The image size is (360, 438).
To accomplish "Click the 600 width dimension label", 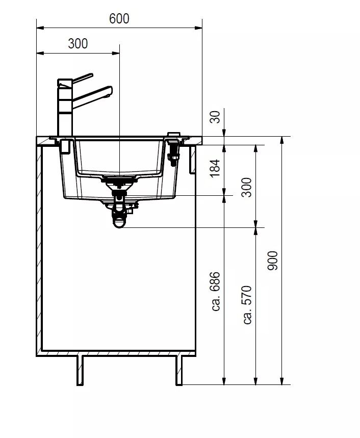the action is pos(119,19).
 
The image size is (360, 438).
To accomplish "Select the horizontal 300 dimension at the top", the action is pos(78,44).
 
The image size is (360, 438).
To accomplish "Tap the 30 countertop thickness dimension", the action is pos(215,117).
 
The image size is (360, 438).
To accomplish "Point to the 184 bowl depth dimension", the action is pos(215,168).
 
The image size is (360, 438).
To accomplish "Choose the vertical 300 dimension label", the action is pos(247,187).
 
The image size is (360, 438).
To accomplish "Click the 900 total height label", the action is pos(273,261).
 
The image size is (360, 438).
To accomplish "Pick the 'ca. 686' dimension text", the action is pos(216,291).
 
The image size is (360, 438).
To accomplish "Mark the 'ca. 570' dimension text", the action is pos(247,305).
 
